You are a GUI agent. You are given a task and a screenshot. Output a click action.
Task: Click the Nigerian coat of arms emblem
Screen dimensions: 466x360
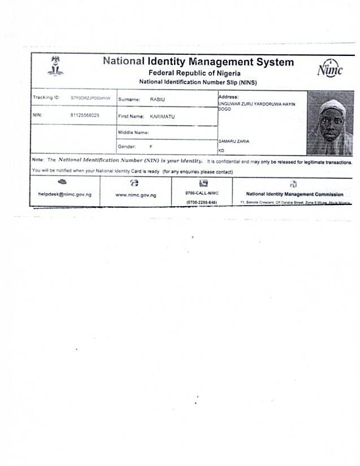tap(55, 66)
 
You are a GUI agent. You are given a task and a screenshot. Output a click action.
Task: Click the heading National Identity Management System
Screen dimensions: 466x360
tap(198, 62)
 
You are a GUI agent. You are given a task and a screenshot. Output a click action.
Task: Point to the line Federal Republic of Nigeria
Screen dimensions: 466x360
tap(194, 73)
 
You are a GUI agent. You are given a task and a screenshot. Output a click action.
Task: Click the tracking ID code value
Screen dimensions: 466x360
tap(90, 98)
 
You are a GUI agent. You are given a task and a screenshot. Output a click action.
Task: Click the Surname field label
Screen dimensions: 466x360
tap(129, 99)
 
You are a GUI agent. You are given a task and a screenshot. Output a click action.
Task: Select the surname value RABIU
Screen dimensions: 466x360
tap(158, 99)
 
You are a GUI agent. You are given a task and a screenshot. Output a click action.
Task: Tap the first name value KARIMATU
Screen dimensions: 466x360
tap(162, 116)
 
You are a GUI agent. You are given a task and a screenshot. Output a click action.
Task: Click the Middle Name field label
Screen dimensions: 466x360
tap(133, 133)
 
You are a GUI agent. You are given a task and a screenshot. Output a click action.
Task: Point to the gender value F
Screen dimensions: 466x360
tap(151, 146)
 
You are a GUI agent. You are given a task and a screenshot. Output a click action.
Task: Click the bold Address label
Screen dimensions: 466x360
tap(228, 97)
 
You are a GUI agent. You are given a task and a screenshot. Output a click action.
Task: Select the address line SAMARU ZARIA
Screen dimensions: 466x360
tap(234, 141)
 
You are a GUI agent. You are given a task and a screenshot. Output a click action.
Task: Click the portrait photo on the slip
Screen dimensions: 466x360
tap(329, 123)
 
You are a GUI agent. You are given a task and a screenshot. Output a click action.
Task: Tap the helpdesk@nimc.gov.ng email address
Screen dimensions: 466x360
tap(65, 194)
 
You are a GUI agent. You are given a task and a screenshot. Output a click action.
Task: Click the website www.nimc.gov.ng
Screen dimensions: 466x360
tap(136, 195)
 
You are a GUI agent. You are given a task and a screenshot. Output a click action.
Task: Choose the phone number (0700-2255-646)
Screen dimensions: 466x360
tap(201, 202)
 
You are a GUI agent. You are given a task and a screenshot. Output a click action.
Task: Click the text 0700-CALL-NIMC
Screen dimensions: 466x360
tap(202, 193)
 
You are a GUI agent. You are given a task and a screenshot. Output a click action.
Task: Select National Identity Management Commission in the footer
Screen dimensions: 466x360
tap(294, 194)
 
